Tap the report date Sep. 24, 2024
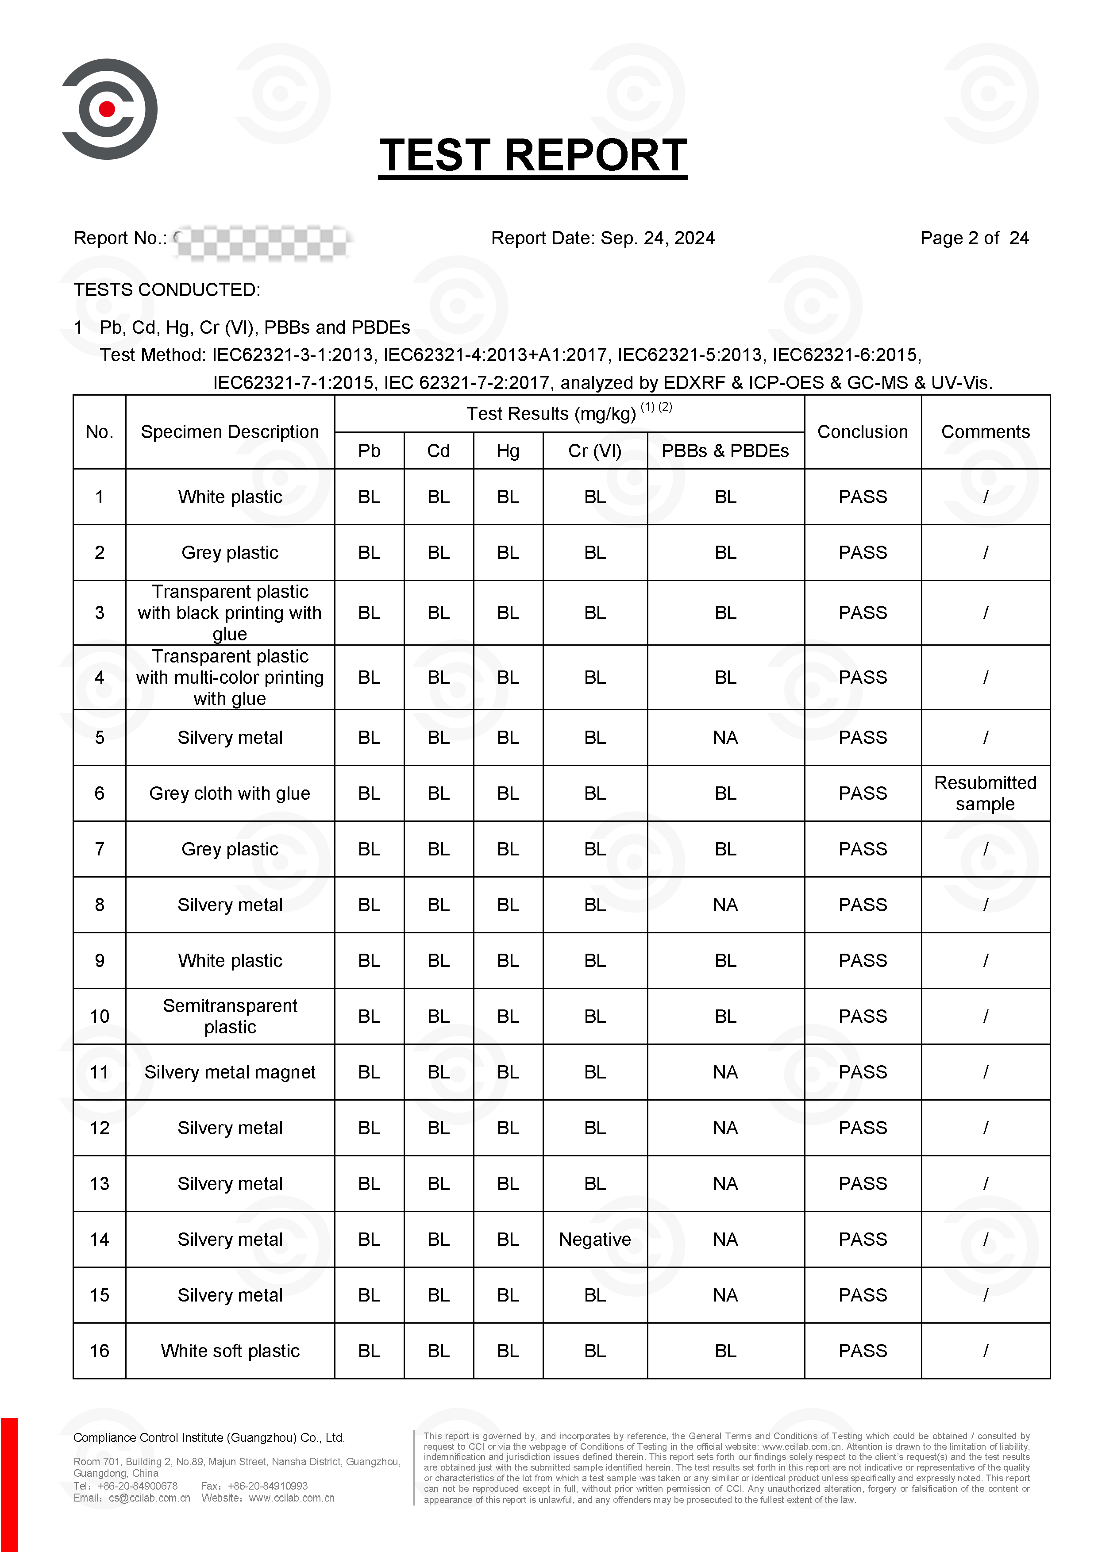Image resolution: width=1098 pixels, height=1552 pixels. click(x=657, y=238)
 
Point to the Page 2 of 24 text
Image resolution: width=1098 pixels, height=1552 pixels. click(x=974, y=238)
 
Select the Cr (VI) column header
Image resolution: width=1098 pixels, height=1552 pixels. click(x=594, y=451)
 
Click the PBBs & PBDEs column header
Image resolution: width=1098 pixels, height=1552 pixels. click(x=725, y=451)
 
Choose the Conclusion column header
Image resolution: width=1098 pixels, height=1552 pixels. click(x=862, y=432)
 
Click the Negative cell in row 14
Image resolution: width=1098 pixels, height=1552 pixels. click(x=594, y=1239)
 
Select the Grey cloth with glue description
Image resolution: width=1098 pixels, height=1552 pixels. click(x=230, y=793)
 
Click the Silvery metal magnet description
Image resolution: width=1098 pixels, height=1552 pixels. click(x=230, y=1072)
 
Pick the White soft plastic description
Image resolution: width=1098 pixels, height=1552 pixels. click(x=230, y=1351)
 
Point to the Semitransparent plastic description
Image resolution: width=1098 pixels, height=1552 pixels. click(x=230, y=1016)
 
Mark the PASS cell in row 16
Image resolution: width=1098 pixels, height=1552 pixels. click(x=862, y=1351)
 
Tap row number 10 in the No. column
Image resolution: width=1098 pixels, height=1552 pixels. click(x=100, y=1016)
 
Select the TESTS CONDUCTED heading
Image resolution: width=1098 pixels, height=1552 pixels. click(x=167, y=290)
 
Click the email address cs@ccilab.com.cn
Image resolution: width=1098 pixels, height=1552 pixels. click(x=150, y=1498)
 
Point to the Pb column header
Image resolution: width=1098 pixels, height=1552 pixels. click(x=369, y=451)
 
